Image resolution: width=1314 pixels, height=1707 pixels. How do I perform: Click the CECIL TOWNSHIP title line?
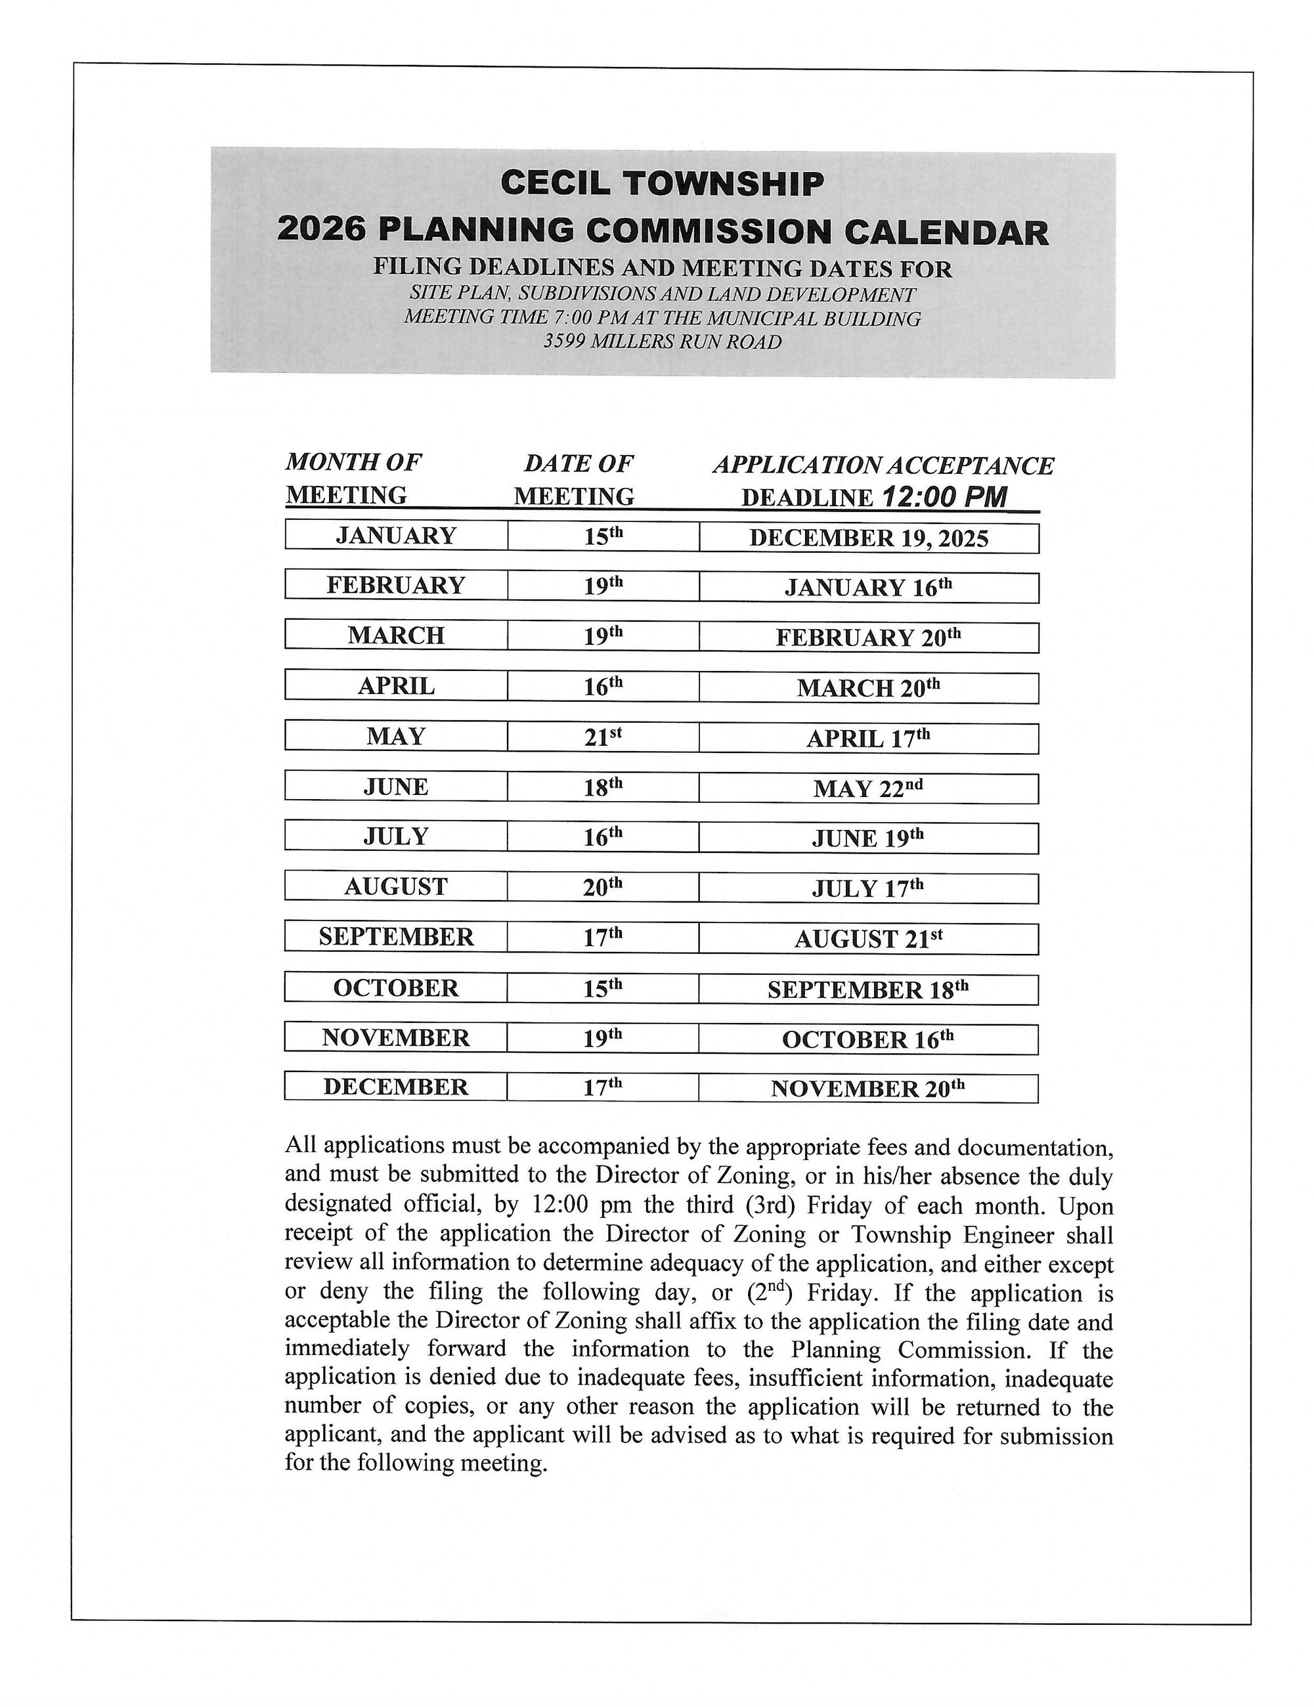[662, 184]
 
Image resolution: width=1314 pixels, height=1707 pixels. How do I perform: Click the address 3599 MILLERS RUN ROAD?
[662, 341]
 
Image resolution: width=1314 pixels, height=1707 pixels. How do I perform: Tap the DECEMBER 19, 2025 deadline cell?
[868, 538]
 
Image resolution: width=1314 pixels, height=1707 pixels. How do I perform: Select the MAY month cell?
[395, 736]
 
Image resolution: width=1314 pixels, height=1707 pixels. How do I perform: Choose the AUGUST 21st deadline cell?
[868, 939]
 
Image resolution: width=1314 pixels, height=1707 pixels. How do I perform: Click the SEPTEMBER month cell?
[395, 936]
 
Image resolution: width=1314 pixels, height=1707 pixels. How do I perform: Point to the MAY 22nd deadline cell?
[868, 788]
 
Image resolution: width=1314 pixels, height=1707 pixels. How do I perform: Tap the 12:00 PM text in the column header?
[944, 497]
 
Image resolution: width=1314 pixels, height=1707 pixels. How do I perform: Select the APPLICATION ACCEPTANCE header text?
[883, 465]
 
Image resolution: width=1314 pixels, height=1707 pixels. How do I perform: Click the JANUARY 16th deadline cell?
[868, 588]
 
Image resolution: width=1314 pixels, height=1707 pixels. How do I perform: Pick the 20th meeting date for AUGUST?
[603, 887]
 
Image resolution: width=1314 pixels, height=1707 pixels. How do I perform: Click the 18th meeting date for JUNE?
[603, 787]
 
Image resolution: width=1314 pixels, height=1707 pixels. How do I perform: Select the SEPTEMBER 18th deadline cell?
[868, 989]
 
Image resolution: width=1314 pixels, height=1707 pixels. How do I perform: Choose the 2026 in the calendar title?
[321, 230]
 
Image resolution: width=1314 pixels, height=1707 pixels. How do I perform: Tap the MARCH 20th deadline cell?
[868, 688]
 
